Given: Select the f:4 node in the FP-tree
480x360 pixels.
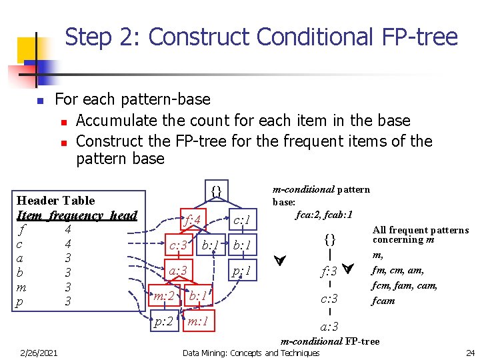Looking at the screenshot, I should [193, 219].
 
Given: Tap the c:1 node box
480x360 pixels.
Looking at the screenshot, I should [242, 219].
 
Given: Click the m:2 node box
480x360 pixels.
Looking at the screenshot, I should [164, 295].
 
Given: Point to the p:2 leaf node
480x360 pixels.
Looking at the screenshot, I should [164, 321].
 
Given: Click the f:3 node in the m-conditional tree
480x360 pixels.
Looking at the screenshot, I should [329, 271].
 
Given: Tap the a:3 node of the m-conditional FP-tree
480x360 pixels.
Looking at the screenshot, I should [329, 326].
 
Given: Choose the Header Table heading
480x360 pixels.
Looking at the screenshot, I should [55, 200].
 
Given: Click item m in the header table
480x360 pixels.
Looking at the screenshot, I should [22, 287].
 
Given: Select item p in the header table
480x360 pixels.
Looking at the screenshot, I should [22, 302].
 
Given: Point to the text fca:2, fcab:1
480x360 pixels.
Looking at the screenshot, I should [324, 215].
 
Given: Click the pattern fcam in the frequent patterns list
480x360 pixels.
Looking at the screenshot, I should [384, 300].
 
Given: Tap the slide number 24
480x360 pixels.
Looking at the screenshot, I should [470, 353].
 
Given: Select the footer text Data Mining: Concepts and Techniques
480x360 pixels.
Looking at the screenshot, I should [251, 353].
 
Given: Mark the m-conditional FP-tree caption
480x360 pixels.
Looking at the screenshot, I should [330, 341].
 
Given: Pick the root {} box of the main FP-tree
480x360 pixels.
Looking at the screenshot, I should [215, 193].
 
